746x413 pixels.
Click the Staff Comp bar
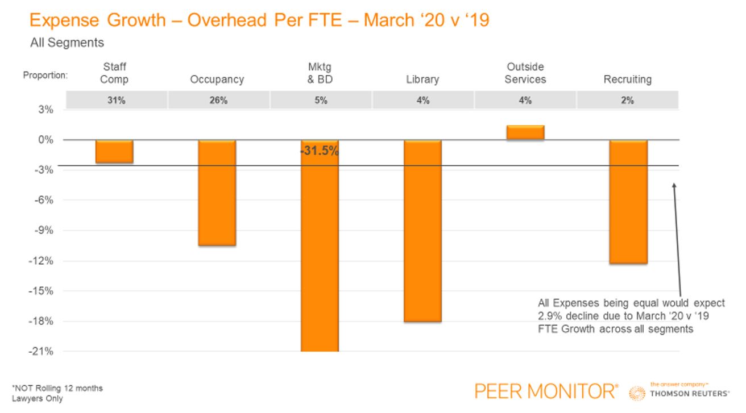coord(114,152)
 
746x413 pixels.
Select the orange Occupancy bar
coord(217,193)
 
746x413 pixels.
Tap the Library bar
coord(422,231)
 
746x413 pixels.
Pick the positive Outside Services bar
coord(525,132)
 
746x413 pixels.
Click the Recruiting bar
coord(628,202)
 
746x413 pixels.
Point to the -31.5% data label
coord(319,152)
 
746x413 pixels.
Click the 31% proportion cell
coord(117,101)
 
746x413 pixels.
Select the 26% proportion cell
coord(218,101)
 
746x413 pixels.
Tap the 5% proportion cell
coord(321,101)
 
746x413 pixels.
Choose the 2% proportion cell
coord(627,101)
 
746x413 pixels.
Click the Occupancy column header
coord(217,80)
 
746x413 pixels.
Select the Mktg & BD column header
coord(320,73)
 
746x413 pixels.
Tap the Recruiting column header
coord(627,80)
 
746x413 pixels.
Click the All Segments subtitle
coord(67,43)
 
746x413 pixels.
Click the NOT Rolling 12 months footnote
coord(57,388)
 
